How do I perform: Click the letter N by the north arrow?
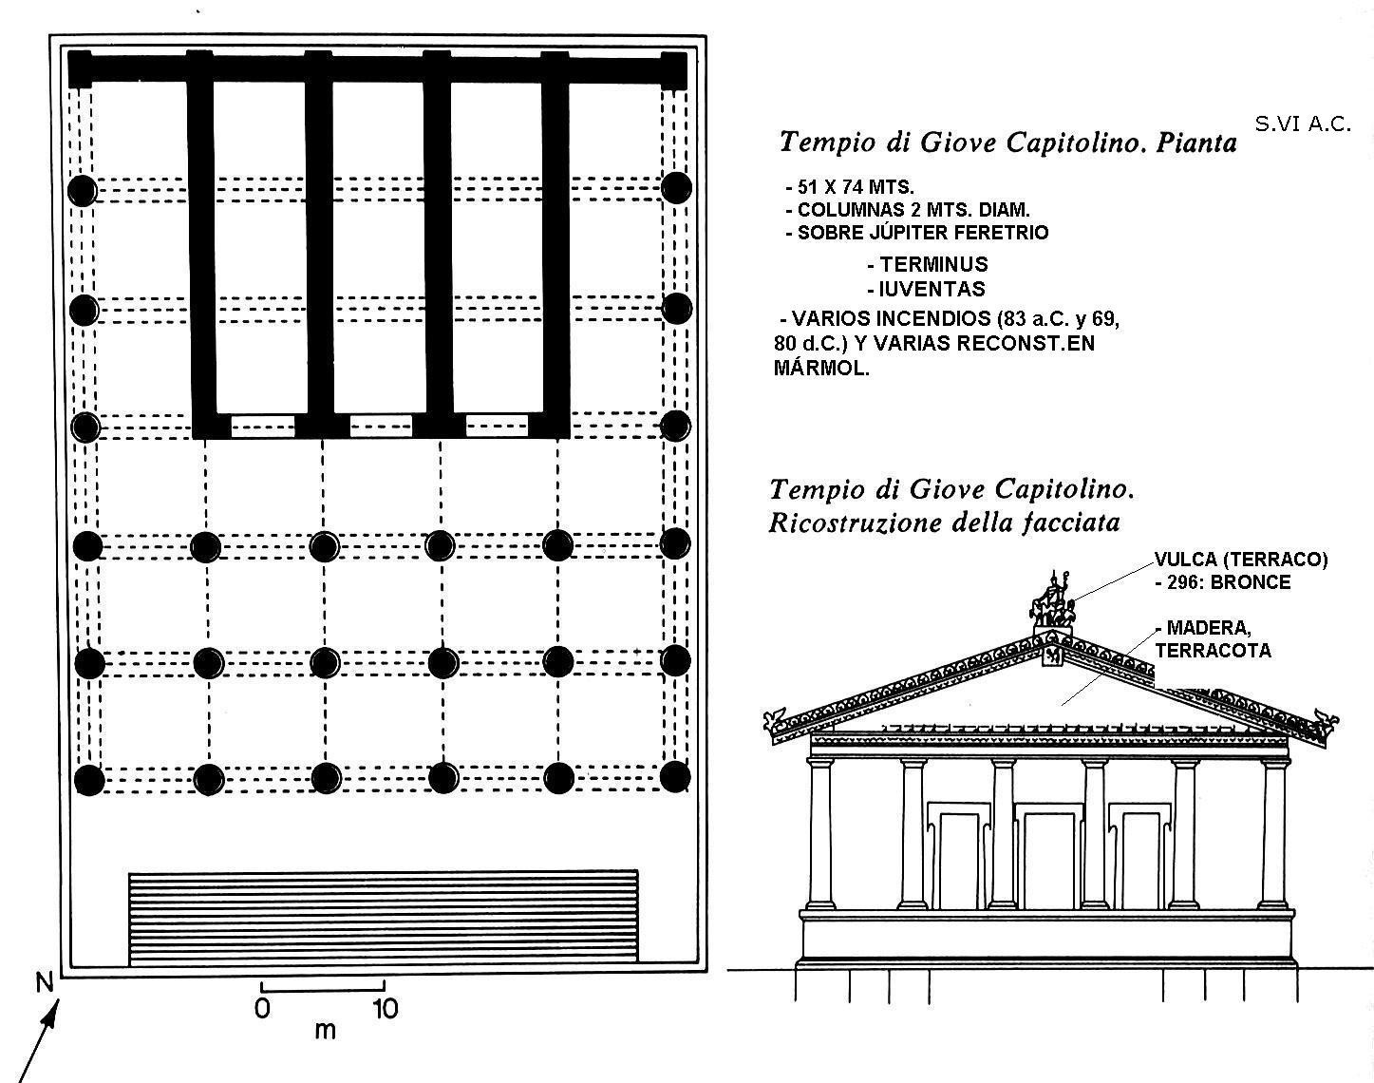(x=45, y=983)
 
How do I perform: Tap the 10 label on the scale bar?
(x=384, y=1008)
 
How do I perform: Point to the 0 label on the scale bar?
(x=262, y=1008)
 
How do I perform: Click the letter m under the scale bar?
(x=325, y=1031)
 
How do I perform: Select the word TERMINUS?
(x=932, y=265)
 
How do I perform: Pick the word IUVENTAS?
(x=931, y=289)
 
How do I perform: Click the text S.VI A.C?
(x=1302, y=124)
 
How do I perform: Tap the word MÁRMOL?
(x=821, y=369)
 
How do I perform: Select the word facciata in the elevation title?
(x=1068, y=522)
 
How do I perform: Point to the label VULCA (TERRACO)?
(x=1241, y=560)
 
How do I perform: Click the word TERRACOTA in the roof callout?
(x=1213, y=651)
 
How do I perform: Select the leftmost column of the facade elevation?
(x=820, y=832)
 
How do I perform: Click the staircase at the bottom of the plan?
(x=383, y=918)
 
